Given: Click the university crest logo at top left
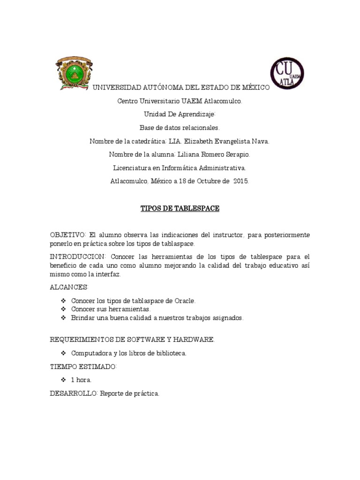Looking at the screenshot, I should (74, 73).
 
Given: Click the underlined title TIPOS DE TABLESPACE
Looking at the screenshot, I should (180, 208).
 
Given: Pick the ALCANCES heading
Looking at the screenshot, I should (69, 287).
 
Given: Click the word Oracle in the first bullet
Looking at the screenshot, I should (185, 300).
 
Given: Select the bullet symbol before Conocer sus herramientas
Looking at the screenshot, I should (64, 309).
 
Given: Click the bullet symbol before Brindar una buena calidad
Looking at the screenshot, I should (64, 318).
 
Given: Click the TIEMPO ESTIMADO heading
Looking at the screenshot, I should (83, 367).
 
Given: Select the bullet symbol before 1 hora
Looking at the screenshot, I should (64, 380).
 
